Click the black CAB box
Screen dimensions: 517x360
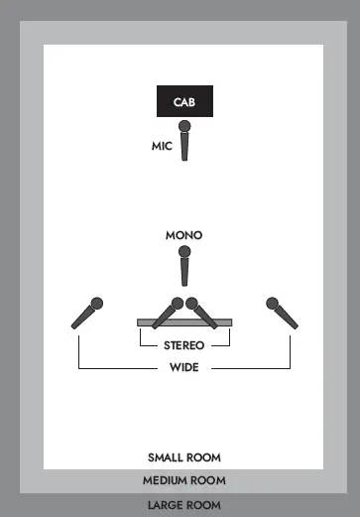point(183,101)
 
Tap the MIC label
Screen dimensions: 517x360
point(162,146)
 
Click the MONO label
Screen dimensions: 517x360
point(183,235)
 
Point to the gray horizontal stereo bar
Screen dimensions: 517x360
point(149,322)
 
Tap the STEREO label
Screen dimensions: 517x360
point(183,345)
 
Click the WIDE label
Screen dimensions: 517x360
point(183,368)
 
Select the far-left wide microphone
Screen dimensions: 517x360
point(86,314)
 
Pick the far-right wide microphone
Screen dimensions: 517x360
point(281,314)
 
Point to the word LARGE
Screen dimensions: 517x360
point(165,504)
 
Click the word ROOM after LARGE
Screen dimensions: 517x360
point(203,504)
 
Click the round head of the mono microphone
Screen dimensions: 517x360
point(183,252)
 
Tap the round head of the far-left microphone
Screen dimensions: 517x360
point(96,304)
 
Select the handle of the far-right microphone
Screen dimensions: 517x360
point(286,319)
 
